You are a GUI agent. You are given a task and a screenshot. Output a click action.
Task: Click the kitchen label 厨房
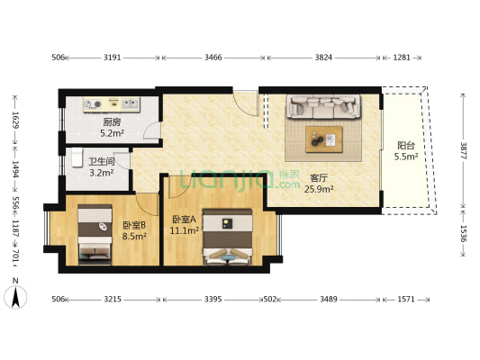pos(112,122)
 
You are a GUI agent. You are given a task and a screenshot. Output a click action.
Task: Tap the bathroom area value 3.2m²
pos(102,173)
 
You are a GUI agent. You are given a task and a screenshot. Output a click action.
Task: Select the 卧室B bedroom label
pos(134,225)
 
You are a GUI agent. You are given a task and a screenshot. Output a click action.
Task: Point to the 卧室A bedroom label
pos(185,220)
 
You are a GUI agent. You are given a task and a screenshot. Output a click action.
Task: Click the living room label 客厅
pos(319,178)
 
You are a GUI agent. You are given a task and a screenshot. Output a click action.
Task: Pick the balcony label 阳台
pos(406,145)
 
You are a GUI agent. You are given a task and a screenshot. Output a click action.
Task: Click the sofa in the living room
pos(323,106)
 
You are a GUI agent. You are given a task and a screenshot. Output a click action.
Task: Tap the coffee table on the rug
pos(324,139)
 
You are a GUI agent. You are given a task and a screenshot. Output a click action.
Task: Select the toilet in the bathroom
pos(77,157)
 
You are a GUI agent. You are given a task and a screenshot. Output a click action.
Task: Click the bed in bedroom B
pos(95,234)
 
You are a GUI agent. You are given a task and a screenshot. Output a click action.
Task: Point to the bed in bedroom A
pos(228,237)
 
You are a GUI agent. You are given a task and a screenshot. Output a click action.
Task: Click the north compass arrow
pos(15,297)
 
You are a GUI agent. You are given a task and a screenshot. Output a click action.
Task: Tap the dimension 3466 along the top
pos(213,58)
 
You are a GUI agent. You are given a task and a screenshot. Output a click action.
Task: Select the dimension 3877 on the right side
pos(464,151)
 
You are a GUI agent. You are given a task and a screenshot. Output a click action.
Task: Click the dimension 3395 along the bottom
pos(213,299)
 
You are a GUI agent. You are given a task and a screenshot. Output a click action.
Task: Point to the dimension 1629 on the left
pos(15,120)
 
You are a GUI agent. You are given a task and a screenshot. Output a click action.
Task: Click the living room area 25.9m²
pos(319,189)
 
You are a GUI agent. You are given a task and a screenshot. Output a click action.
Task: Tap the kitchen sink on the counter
pos(130,104)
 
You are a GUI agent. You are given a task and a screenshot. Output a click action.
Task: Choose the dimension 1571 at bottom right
pos(406,299)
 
